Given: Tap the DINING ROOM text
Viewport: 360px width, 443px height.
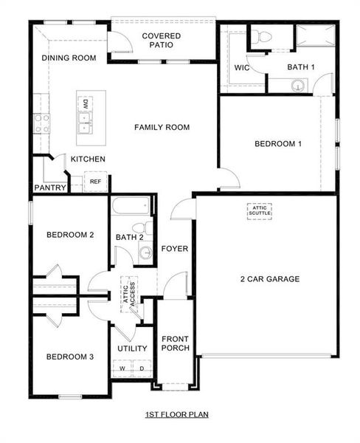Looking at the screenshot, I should [69, 58].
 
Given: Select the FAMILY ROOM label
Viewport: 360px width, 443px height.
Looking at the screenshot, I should [162, 128].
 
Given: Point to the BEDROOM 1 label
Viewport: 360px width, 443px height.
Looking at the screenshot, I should [278, 144].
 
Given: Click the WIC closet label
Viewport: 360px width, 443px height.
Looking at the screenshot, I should [242, 68].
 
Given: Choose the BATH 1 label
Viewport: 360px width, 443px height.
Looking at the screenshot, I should [301, 68].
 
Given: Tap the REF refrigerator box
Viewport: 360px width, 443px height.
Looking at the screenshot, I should [95, 181].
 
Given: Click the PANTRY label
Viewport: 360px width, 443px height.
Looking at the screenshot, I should [51, 188].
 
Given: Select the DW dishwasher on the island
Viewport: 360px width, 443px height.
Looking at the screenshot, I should [86, 103].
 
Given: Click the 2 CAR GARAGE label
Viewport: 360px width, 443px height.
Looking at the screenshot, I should [269, 279].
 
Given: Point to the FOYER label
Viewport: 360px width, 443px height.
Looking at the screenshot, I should [175, 249].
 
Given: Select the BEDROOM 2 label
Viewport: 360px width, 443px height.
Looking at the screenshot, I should [70, 236].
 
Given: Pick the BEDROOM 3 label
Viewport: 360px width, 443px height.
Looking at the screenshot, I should [70, 357].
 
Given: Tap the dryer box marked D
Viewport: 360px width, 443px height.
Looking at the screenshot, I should [141, 367].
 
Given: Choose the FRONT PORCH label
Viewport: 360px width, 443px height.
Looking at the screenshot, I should [176, 343].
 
